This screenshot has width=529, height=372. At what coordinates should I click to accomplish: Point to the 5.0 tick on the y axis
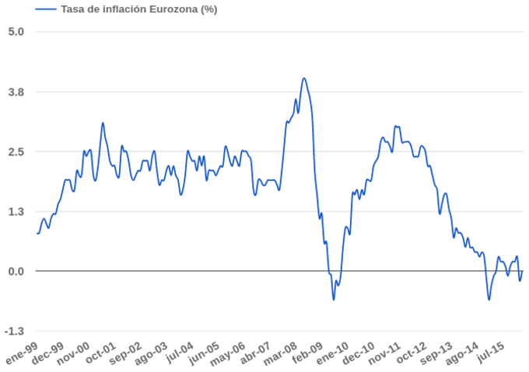[x=16, y=32]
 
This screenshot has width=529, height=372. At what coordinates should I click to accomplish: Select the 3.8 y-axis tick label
[x=16, y=92]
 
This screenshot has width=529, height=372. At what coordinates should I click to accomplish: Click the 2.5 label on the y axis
[x=16, y=151]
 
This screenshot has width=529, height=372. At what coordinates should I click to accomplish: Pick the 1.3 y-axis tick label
[x=16, y=211]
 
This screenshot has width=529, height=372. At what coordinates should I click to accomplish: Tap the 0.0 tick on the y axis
[x=16, y=271]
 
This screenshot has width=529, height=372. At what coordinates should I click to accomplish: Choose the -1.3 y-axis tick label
[x=15, y=331]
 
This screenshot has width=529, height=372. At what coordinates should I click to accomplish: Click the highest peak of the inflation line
[x=304, y=78]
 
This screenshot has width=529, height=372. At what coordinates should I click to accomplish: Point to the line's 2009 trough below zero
[x=334, y=300]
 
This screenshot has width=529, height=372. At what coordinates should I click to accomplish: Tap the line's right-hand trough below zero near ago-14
[x=489, y=300]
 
